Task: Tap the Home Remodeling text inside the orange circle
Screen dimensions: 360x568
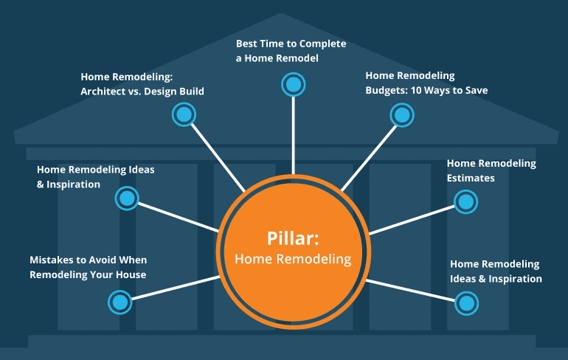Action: pos(294,259)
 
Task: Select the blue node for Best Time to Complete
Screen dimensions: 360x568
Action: pos(293,84)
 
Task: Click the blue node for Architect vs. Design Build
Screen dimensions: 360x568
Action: pos(183,114)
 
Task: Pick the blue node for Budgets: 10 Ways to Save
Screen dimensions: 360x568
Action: pos(401,114)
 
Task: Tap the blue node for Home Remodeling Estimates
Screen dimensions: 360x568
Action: pos(465,201)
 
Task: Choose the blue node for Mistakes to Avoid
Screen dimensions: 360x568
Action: pos(120,300)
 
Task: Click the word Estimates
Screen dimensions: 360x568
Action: pos(471,178)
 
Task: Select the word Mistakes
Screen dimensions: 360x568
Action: pos(52,260)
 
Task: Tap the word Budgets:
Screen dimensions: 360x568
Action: pos(386,90)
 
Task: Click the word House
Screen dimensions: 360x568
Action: pos(131,275)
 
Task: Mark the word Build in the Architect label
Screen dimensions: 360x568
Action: pos(190,91)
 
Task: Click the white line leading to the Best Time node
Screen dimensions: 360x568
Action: pos(293,133)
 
